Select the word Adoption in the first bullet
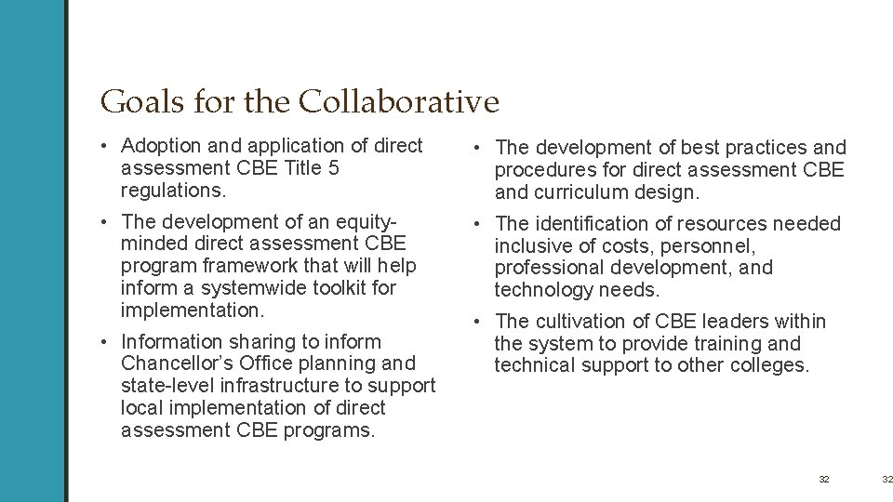pos(157,146)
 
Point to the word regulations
pos(166,190)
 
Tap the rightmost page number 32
pos(886,479)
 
